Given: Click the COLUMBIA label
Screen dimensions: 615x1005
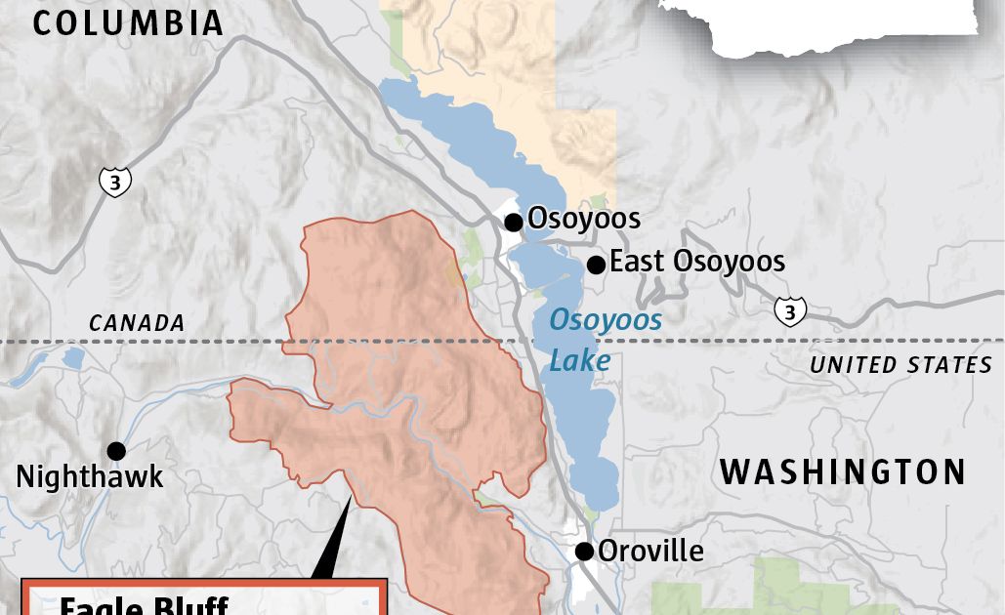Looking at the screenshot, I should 128,22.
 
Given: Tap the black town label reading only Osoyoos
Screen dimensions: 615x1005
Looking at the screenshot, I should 583,219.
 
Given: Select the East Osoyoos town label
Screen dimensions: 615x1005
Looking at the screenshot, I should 696,262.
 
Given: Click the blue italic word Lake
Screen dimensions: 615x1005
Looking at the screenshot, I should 579,361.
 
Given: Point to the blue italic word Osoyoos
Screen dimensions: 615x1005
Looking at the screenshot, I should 605,319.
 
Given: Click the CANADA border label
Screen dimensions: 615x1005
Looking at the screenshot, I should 136,322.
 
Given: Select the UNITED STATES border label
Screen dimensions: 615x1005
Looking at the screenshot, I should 900,365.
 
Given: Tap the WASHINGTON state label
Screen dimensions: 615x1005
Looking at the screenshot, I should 843,472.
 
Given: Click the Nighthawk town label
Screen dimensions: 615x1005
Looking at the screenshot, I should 90,477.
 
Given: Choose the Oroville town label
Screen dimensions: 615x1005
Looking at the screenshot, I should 649,551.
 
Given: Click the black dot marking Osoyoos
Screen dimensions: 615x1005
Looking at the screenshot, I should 513,223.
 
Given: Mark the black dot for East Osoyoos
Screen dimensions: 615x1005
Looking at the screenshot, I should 595,265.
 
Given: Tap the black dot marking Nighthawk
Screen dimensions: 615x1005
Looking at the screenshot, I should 116,451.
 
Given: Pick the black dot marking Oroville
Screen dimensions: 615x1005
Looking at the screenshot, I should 584,552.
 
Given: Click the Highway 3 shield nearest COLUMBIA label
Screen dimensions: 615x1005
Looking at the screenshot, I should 114,181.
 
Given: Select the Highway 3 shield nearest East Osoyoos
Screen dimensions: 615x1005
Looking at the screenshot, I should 789,310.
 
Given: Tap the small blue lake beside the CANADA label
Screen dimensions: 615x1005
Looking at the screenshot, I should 72,358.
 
